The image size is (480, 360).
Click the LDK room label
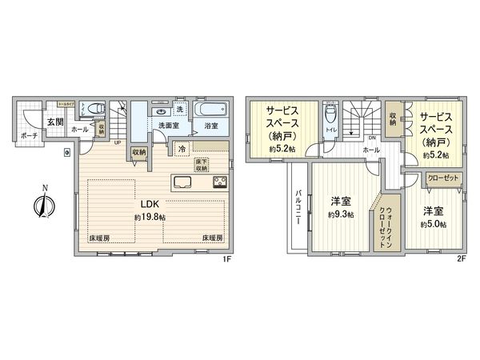[150, 204]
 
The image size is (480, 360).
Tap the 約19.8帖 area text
[150, 218]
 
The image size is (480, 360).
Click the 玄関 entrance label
[54, 122]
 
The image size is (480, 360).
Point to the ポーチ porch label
[30, 136]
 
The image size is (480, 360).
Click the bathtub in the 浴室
[210, 110]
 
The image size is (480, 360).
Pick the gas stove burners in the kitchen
[220, 183]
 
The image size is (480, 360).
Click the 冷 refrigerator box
[182, 150]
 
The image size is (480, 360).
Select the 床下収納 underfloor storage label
[201, 165]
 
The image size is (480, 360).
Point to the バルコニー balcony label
[298, 207]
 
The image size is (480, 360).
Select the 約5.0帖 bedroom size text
[434, 225]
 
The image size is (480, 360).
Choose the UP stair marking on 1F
[118, 143]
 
